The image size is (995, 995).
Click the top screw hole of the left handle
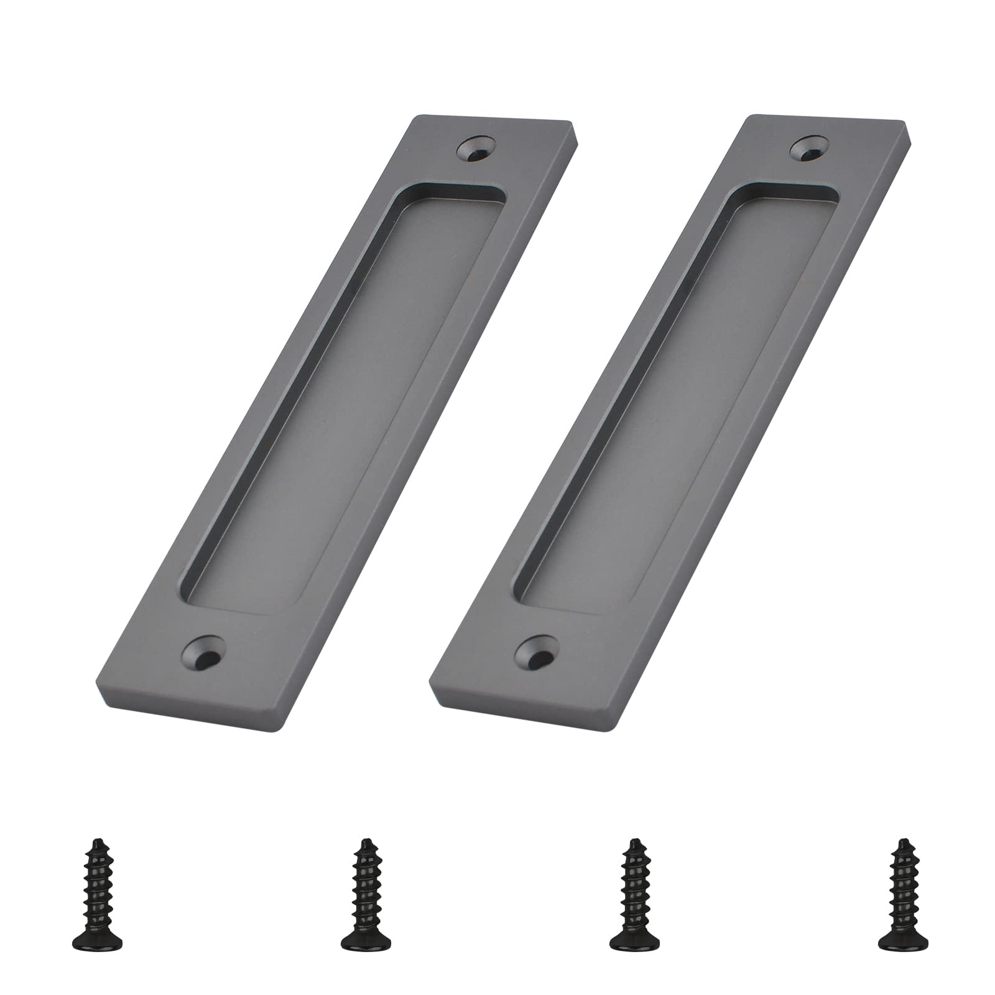click(476, 148)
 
